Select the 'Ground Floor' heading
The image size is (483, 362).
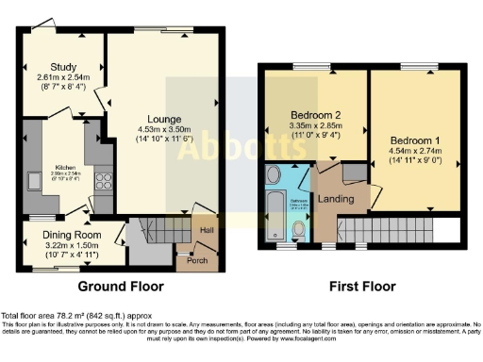tap(120, 287)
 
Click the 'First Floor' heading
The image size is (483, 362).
tap(361, 287)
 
